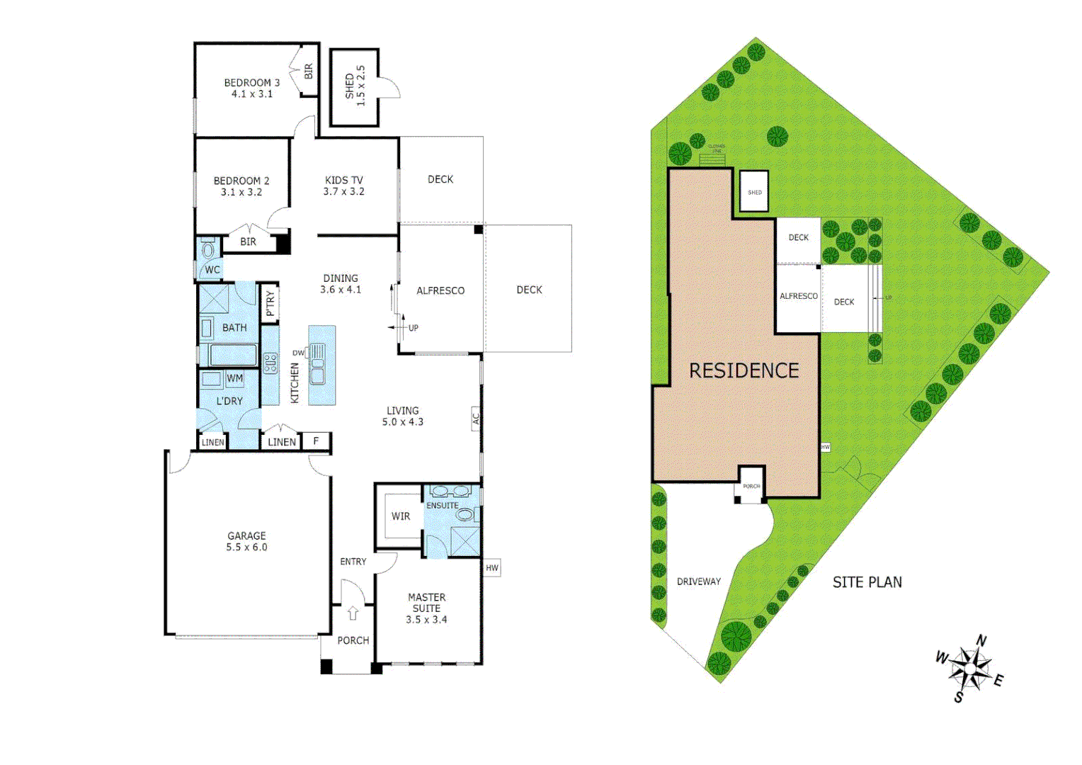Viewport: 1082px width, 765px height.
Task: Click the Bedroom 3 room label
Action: click(251, 83)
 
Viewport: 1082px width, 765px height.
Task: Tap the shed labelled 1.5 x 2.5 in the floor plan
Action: click(355, 86)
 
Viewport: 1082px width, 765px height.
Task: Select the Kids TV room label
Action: click(343, 181)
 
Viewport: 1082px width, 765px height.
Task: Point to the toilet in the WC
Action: click(208, 250)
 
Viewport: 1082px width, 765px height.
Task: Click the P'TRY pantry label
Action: click(270, 303)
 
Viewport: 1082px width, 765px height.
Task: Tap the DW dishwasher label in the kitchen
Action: click(298, 353)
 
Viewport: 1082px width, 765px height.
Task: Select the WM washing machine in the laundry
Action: click(234, 378)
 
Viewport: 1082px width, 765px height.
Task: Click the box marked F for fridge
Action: click(316, 441)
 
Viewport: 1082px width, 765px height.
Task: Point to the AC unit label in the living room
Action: click(476, 419)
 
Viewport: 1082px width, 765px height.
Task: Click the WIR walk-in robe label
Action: click(400, 516)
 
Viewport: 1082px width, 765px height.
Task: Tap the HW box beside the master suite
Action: click(491, 568)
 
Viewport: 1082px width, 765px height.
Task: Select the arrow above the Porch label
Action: click(353, 613)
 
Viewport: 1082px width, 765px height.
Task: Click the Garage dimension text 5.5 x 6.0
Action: click(246, 548)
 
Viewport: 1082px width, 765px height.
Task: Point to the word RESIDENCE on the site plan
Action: click(744, 370)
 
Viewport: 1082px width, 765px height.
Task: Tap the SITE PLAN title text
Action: click(867, 582)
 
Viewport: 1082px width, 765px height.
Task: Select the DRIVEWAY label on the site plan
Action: click(698, 582)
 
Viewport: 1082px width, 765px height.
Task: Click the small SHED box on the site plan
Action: click(754, 192)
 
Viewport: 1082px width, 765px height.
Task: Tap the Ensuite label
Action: click(442, 506)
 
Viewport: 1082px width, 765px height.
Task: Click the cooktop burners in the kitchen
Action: click(270, 363)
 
